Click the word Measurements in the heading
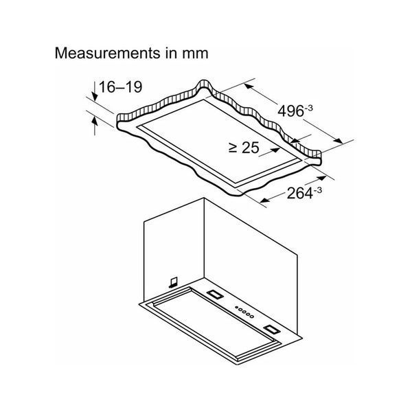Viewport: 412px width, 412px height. pyautogui.click(x=107, y=53)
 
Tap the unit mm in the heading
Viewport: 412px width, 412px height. pyautogui.click(x=195, y=54)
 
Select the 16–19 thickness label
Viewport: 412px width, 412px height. pyautogui.click(x=121, y=87)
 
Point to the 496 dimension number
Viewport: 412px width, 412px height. pyautogui.click(x=290, y=111)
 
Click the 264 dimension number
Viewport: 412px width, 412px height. pyautogui.click(x=300, y=194)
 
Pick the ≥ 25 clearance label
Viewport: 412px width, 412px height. pyautogui.click(x=244, y=148)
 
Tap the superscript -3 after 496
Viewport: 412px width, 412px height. pyautogui.click(x=308, y=108)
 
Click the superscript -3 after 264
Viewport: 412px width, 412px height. pyautogui.click(x=318, y=190)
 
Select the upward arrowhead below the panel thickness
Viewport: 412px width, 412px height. pyautogui.click(x=95, y=122)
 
